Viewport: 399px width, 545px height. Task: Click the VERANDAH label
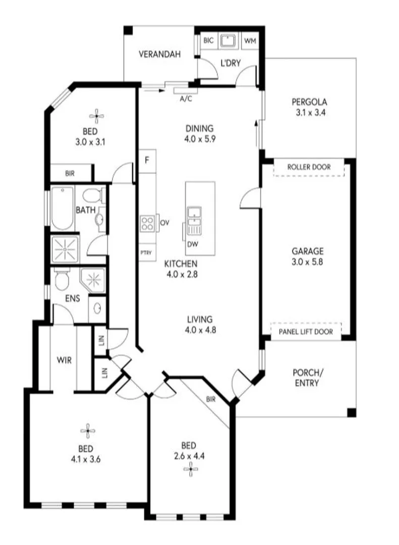coord(160,55)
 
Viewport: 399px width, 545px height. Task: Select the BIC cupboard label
coord(208,40)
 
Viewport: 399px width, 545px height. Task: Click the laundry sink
coord(230,40)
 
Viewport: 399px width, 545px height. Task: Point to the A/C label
coord(186,99)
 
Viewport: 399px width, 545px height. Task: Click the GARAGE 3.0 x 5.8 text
coord(307,256)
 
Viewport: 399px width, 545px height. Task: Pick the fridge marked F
coord(147,161)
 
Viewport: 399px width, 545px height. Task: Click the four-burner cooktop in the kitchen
coord(148,223)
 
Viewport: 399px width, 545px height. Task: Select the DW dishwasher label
coord(192,244)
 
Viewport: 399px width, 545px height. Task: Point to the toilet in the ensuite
coord(62,280)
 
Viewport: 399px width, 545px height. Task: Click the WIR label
coord(64,360)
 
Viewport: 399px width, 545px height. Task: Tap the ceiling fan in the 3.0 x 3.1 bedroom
coord(97,116)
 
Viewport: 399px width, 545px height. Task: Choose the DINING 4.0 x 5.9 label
coord(200,134)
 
